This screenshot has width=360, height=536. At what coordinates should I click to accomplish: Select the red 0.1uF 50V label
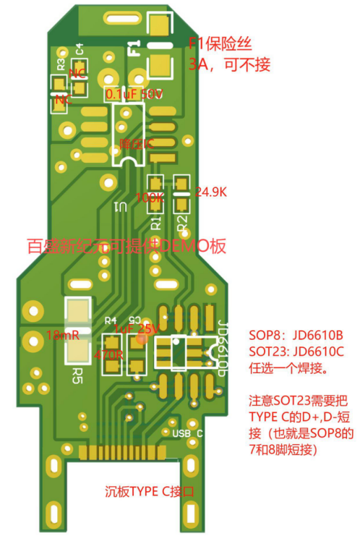(x=134, y=95)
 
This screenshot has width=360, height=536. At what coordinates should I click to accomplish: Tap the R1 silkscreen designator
(x=155, y=216)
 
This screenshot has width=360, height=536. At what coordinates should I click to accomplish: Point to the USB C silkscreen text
(x=187, y=433)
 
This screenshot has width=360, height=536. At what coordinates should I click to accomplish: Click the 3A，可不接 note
(x=229, y=65)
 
